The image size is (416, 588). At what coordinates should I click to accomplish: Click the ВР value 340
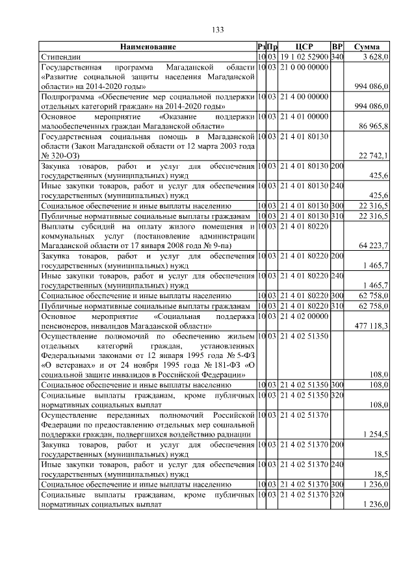pyautogui.click(x=337, y=57)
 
